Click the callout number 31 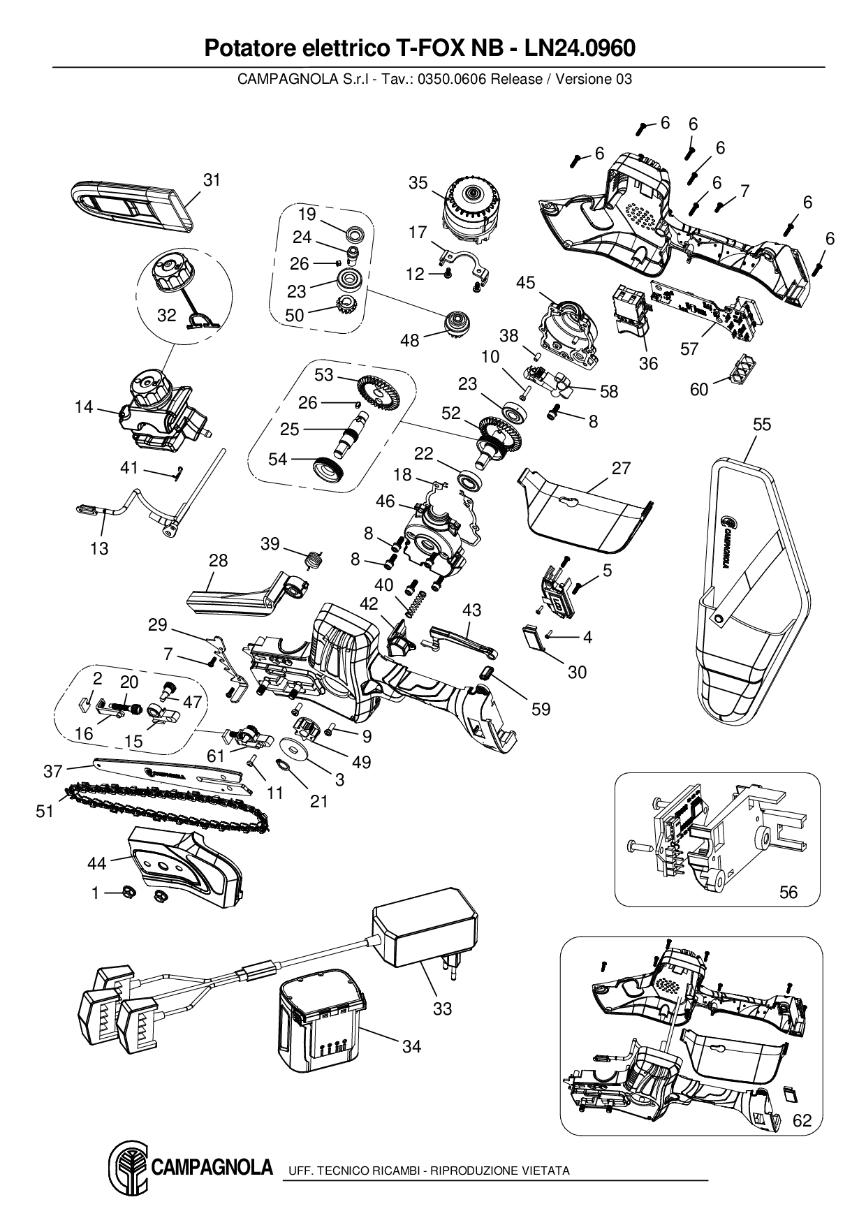click(212, 180)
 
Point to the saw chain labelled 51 click(168, 809)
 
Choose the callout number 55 click(762, 425)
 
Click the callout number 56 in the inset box click(788, 891)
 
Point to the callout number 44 click(96, 864)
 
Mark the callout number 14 click(84, 406)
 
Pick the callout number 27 click(621, 468)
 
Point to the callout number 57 click(689, 349)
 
